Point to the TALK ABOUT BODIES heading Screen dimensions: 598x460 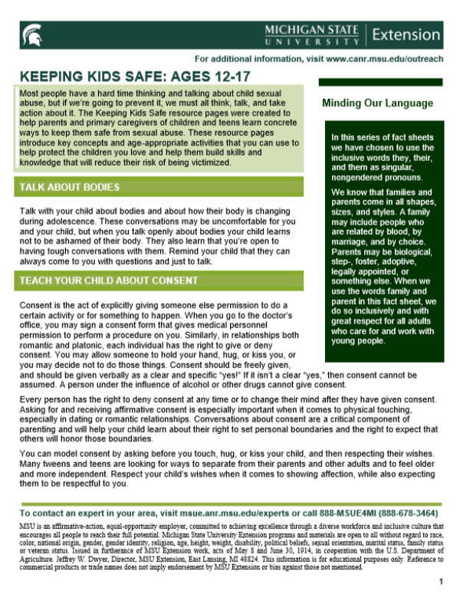[x=68, y=187]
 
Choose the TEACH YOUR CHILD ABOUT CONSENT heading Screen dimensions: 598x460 [x=108, y=281]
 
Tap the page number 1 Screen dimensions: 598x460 [x=441, y=581]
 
